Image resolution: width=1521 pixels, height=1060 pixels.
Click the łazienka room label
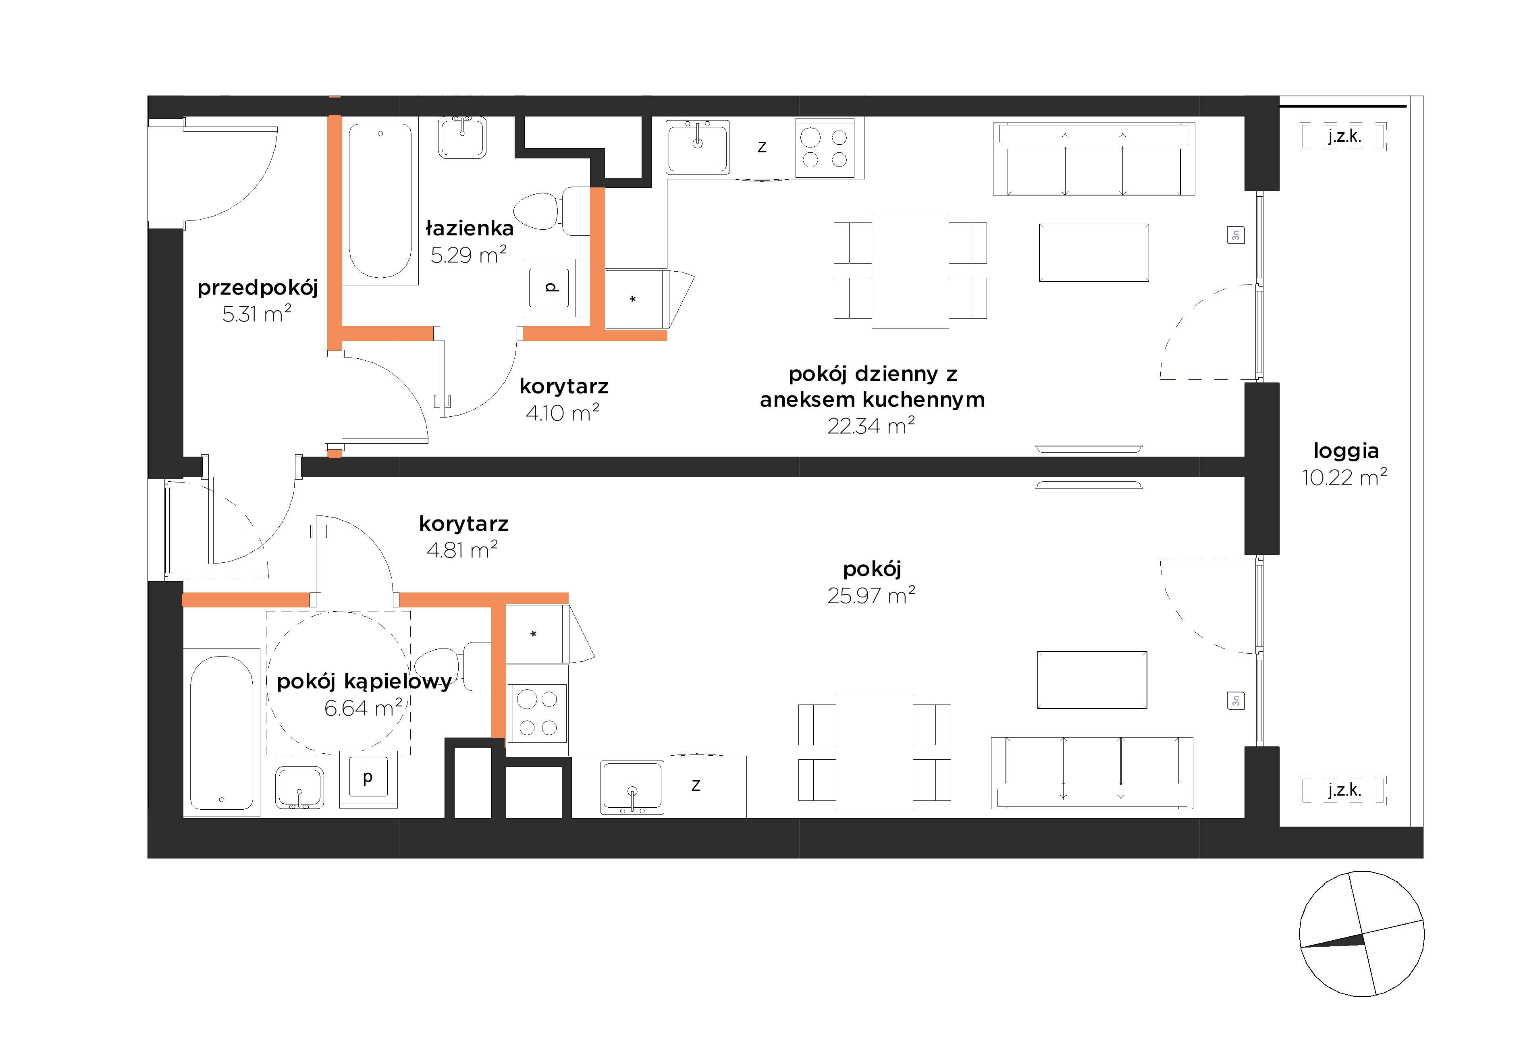tap(469, 229)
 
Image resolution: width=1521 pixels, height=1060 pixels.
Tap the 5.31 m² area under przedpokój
tap(257, 313)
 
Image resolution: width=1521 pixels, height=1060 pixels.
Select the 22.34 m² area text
tap(871, 425)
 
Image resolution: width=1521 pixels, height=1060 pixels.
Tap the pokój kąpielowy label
tap(364, 682)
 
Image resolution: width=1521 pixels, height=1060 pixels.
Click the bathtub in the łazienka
tap(380, 201)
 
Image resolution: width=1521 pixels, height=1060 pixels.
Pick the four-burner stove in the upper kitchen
tap(829, 148)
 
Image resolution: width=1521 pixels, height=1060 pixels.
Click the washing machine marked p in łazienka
tap(552, 287)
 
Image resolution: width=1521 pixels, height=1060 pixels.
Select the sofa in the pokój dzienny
tap(1094, 159)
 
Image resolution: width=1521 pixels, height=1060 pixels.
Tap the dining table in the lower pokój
tap(875, 752)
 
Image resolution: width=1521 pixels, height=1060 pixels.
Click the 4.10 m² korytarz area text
tap(563, 413)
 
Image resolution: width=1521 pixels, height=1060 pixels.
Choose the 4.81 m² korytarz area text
tap(462, 550)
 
